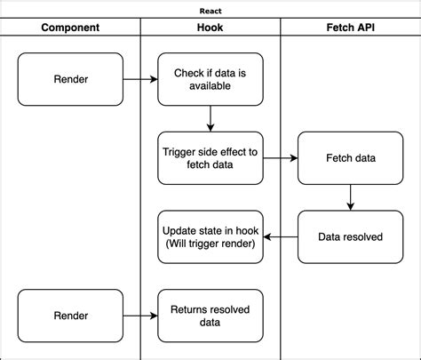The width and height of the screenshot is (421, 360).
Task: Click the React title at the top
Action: tap(210, 12)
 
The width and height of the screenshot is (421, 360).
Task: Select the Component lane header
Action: tap(70, 28)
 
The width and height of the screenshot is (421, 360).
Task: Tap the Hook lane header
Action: tap(210, 28)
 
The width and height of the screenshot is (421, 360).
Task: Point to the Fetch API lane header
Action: tap(351, 28)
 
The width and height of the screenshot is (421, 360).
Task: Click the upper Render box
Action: tap(70, 79)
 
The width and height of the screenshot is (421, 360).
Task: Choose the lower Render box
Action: tap(70, 316)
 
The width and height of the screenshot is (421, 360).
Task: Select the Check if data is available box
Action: tap(210, 79)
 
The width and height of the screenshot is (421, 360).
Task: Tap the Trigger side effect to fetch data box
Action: tap(210, 158)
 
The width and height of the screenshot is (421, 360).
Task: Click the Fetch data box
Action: tap(351, 158)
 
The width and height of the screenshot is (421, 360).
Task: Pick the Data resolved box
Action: tap(351, 237)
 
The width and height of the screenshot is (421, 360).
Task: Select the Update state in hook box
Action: tap(210, 237)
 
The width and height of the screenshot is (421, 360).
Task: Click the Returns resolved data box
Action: tap(210, 316)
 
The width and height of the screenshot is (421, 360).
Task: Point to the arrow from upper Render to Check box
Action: tap(140, 79)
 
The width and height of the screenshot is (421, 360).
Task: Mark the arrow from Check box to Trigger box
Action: tap(210, 119)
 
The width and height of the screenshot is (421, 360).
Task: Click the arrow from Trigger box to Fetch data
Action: tap(281, 158)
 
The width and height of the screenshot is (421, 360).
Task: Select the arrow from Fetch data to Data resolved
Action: tap(351, 197)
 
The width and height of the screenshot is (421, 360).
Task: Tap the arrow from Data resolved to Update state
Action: tap(281, 237)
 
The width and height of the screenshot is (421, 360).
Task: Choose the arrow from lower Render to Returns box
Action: tap(140, 316)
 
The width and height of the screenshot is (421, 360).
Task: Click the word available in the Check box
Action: tap(210, 86)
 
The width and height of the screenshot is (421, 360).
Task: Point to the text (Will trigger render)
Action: tap(210, 244)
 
